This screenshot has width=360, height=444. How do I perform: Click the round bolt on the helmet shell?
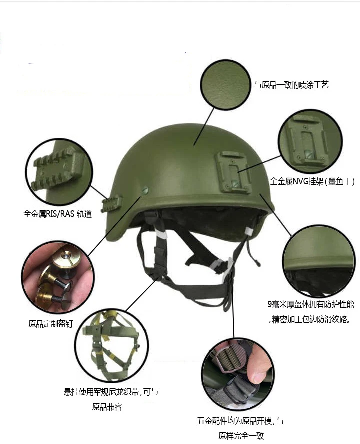click(x=145, y=191)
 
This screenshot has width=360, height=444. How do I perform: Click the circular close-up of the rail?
click(x=59, y=172)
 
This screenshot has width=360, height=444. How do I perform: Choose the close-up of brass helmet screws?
click(x=58, y=277)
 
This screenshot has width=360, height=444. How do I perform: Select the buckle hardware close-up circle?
click(x=238, y=374)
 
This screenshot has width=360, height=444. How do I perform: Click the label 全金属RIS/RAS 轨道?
click(x=58, y=214)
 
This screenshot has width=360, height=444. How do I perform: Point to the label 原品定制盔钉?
click(x=51, y=324)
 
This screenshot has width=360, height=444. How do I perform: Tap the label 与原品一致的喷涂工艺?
click(x=291, y=85)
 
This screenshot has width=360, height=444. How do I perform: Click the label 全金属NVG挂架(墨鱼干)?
click(x=312, y=181)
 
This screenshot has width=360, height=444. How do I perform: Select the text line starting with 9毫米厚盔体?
click(x=311, y=304)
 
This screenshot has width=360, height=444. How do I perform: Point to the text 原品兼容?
click(x=107, y=407)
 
